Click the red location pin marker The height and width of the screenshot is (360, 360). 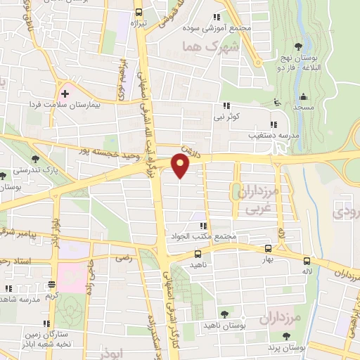(181, 167)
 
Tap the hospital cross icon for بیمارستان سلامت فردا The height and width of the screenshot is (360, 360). (65, 93)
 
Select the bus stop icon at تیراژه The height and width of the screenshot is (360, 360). (139, 12)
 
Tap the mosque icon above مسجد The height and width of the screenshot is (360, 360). (304, 96)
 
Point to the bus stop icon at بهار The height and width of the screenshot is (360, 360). (267, 248)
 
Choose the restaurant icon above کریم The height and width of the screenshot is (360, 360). (51, 285)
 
